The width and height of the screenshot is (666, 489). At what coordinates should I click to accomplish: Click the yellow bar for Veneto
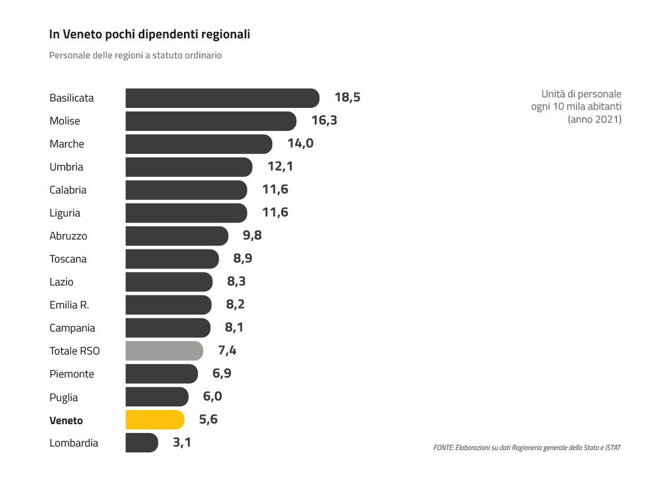coord(154,420)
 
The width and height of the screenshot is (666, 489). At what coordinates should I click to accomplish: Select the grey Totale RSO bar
coord(164,351)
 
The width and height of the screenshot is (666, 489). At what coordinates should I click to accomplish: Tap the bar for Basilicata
coord(222,98)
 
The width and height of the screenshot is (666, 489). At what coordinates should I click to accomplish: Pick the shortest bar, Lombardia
coord(141,443)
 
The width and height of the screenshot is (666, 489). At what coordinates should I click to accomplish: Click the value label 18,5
coord(347,98)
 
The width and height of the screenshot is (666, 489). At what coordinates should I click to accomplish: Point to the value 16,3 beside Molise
coord(324,121)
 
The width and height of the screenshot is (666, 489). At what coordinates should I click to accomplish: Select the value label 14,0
coord(300,144)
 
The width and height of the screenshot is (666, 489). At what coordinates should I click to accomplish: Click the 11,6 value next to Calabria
coord(275,190)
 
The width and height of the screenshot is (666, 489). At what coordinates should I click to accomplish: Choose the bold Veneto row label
coord(66,421)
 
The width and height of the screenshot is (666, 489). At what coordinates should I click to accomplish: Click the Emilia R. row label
coord(69,305)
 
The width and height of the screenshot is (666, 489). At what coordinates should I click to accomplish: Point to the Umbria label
coord(66,167)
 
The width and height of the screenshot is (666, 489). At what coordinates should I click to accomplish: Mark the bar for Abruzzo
coord(176,236)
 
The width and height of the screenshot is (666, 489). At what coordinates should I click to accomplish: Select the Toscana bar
coord(172,259)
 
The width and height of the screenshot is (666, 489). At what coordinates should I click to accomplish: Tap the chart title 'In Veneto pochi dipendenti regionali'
coord(150,35)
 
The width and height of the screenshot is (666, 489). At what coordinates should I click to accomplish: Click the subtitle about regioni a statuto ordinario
coord(135,55)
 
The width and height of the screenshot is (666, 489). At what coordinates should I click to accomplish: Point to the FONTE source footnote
coord(526,448)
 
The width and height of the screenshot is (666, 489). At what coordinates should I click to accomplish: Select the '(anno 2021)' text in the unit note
coord(594,119)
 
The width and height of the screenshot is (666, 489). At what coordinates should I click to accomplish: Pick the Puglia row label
coord(64,398)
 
